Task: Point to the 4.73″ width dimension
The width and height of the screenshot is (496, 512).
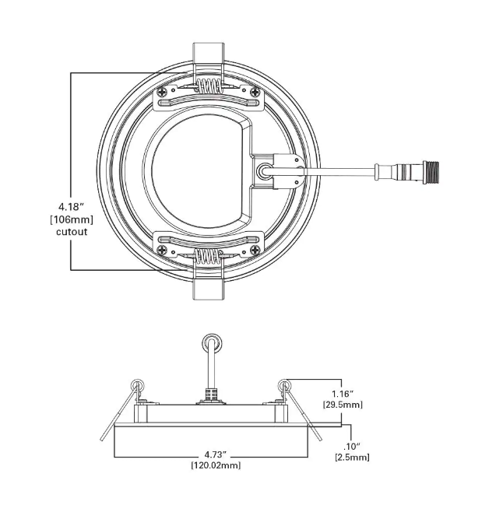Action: coord(216,454)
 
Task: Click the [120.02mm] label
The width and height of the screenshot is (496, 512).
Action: coord(216,465)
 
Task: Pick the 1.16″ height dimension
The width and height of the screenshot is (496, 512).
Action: coord(342,394)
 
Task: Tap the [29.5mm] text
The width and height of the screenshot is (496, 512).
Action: coord(342,405)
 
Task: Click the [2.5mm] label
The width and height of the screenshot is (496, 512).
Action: coord(354,458)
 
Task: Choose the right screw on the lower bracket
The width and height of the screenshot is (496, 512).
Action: coord(255,250)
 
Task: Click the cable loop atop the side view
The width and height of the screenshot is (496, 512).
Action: coord(211,342)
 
